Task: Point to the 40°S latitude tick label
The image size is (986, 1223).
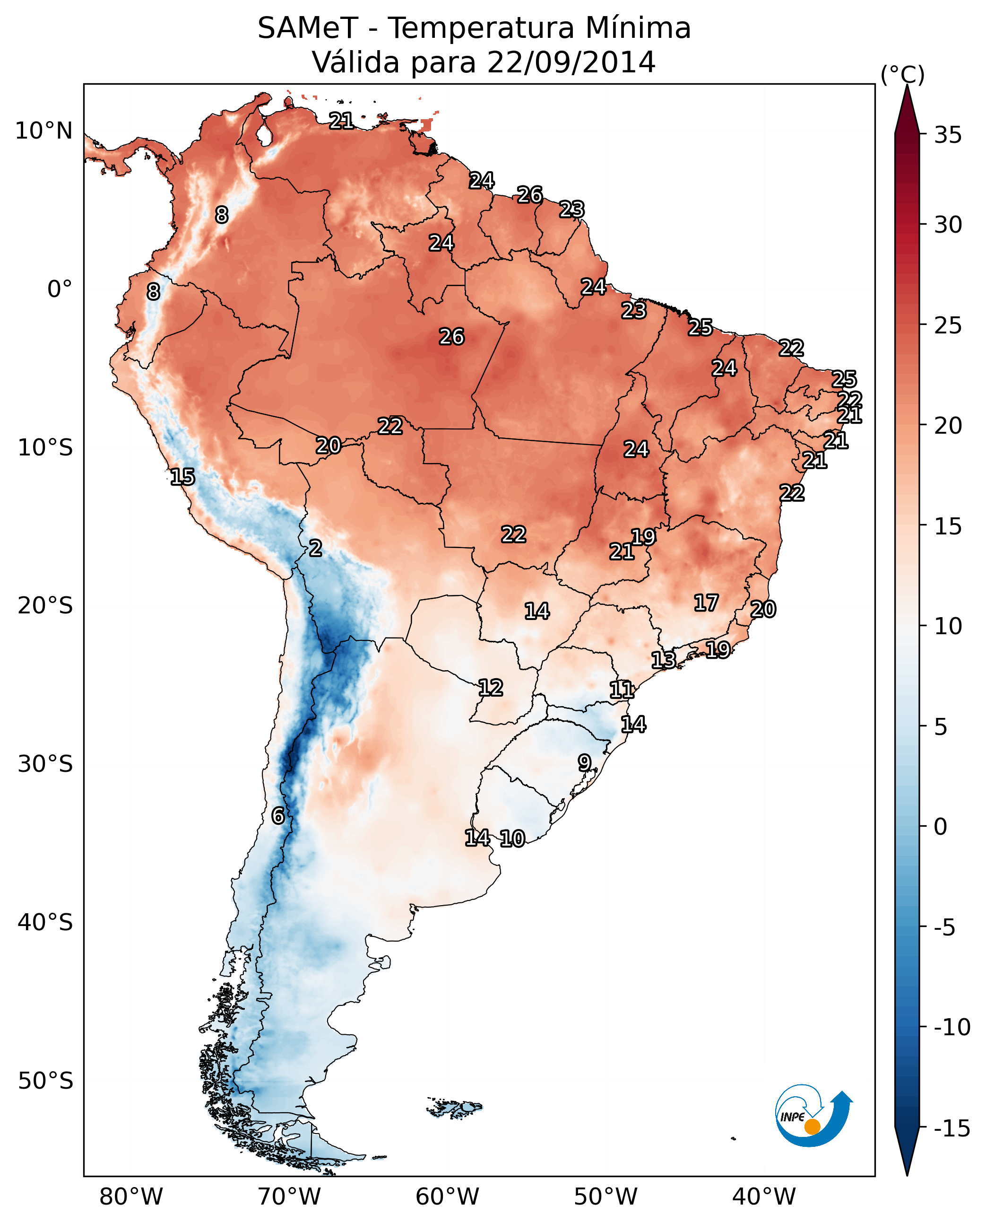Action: click(x=45, y=922)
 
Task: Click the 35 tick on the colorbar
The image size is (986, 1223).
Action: click(x=948, y=135)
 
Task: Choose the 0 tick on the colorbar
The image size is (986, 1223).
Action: click(x=941, y=826)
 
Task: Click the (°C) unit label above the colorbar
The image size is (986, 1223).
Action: click(x=902, y=74)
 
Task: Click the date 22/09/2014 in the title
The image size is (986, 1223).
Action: click(x=571, y=62)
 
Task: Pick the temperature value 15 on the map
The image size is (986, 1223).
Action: click(x=182, y=477)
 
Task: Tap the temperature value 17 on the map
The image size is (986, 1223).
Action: click(x=706, y=603)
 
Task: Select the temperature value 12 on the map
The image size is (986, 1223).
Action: click(x=490, y=688)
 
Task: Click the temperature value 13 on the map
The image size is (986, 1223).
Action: click(x=663, y=660)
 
